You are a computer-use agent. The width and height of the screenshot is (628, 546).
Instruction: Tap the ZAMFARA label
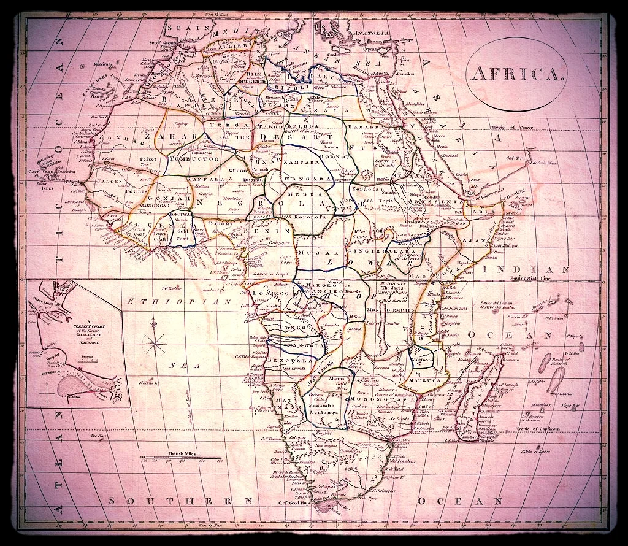point(302,163)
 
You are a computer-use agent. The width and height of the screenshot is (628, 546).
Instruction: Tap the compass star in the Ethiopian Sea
point(157,342)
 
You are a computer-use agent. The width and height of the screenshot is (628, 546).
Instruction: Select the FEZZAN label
point(271,105)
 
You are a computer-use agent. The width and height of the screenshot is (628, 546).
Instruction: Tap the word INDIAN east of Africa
point(537,268)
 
